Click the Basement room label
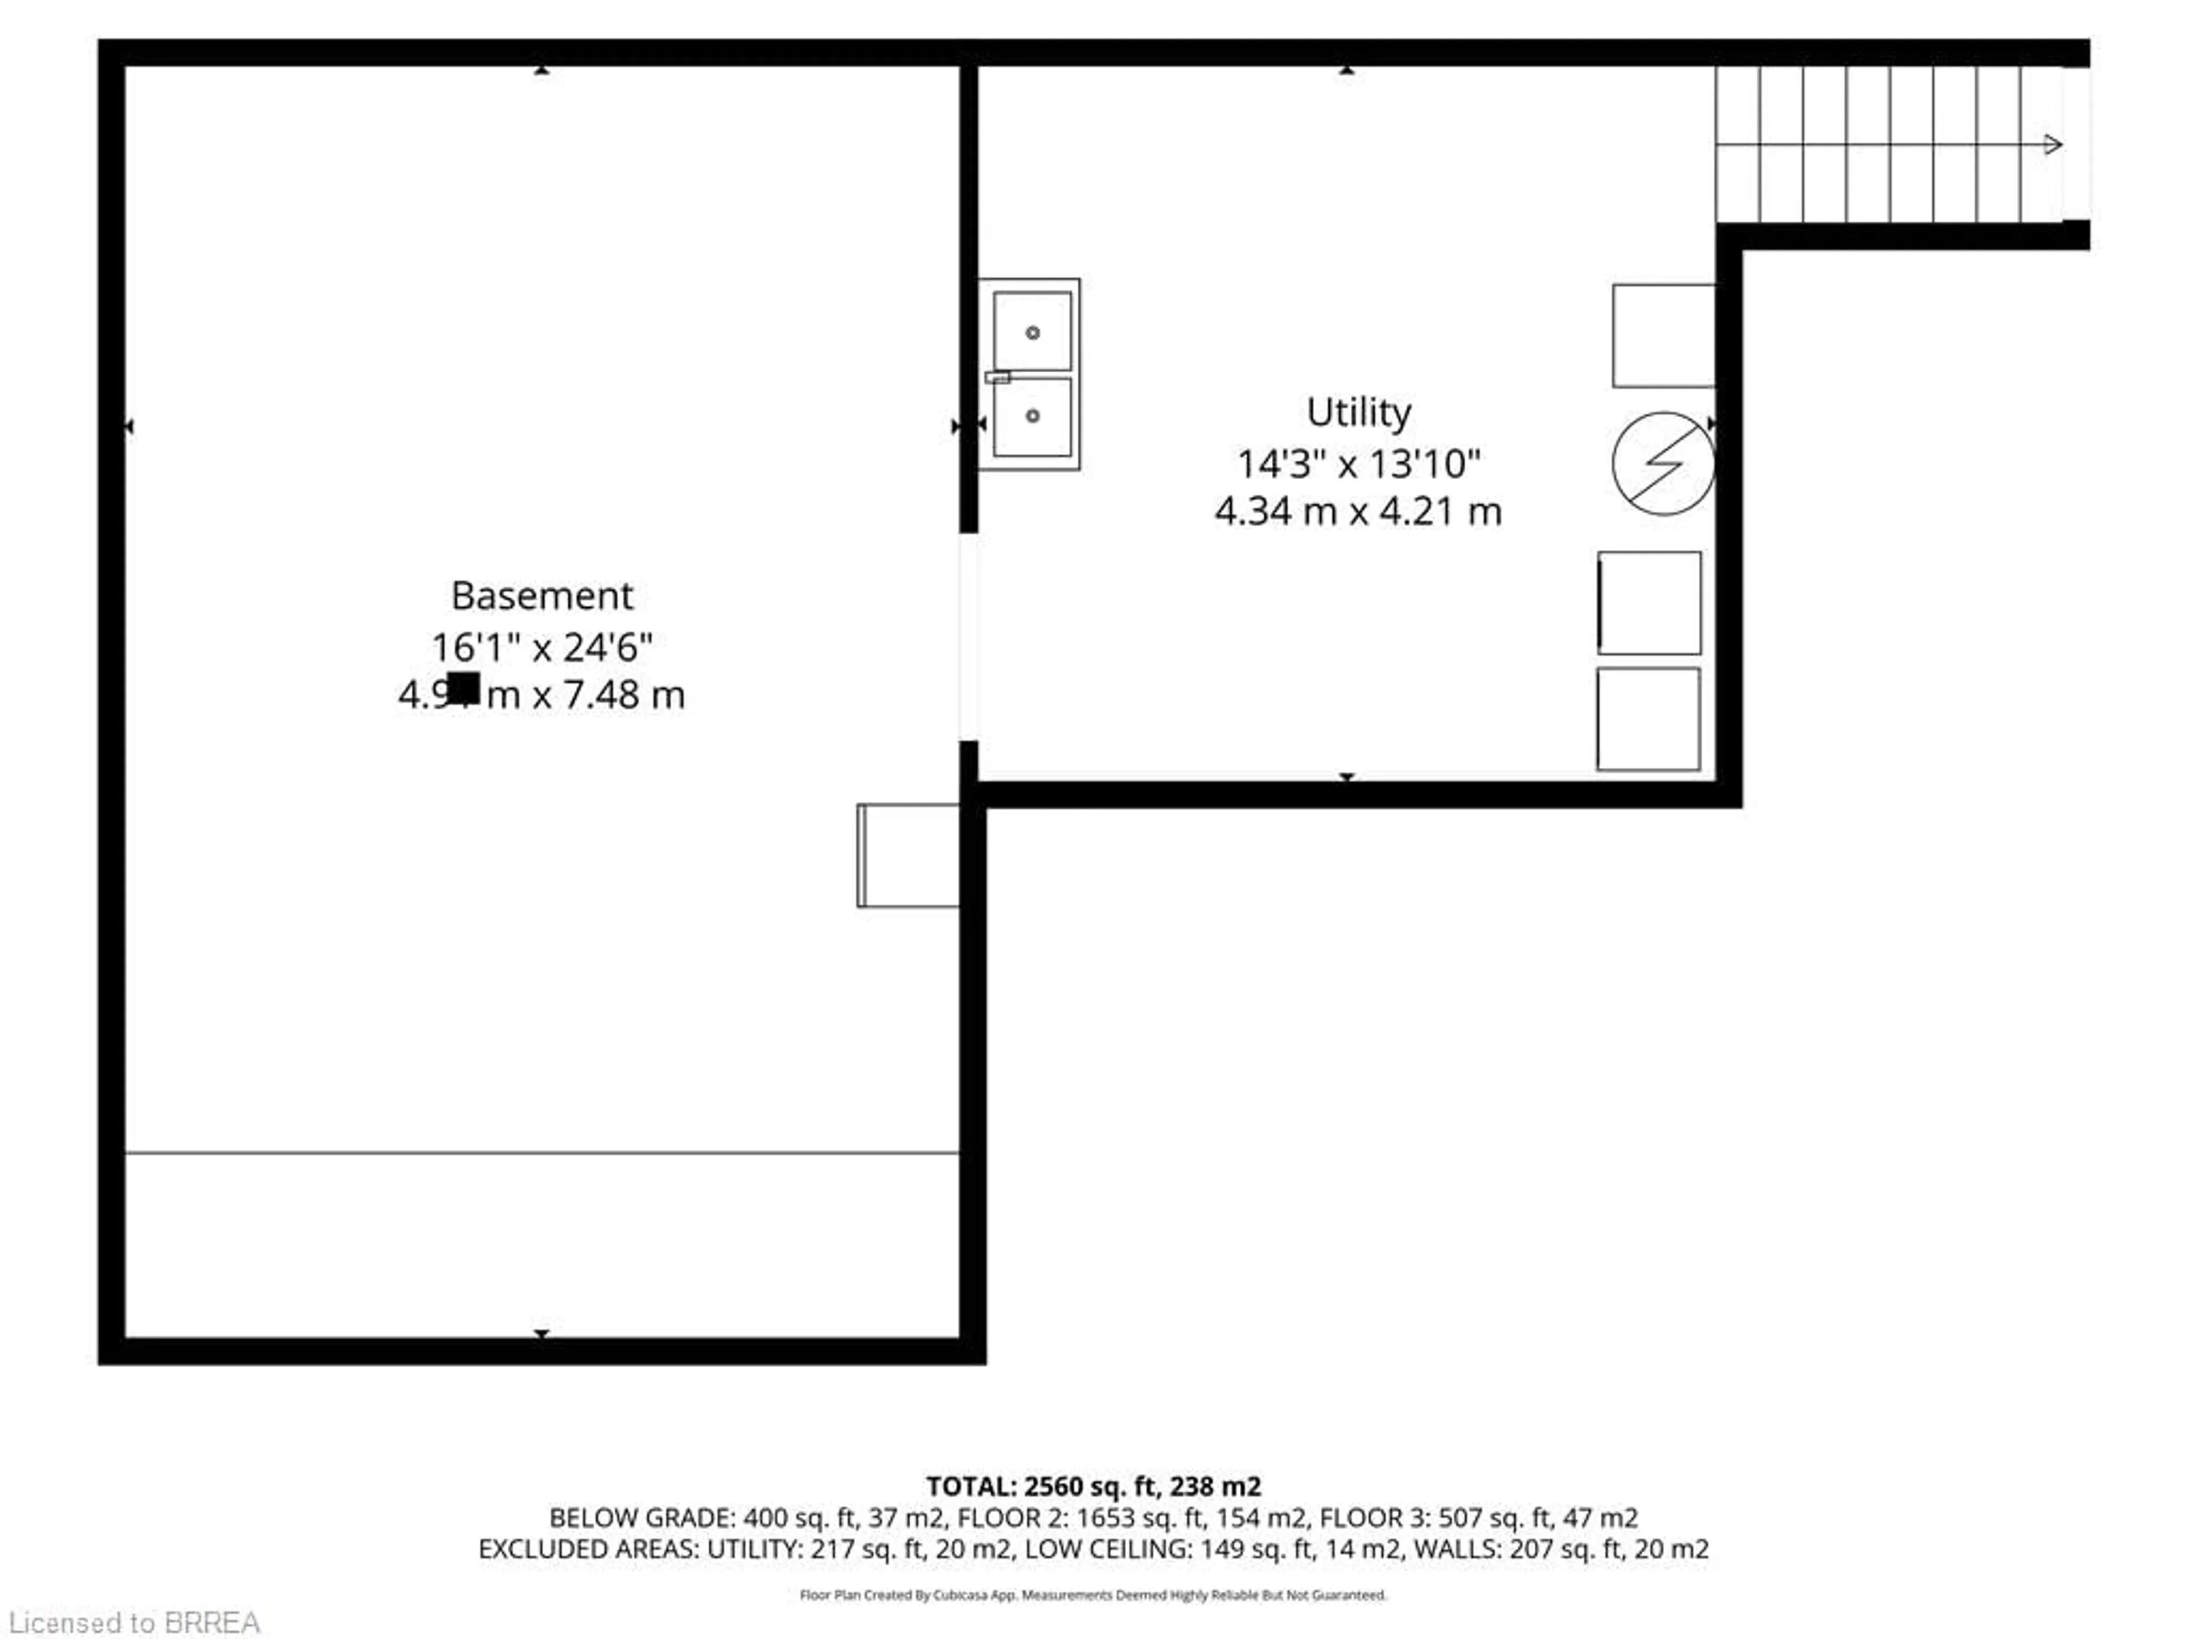tap(541, 596)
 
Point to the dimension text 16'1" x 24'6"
tap(541, 647)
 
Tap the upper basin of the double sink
tap(1032, 331)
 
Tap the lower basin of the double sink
tap(1032, 416)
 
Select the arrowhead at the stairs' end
tap(2053, 145)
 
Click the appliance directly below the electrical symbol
tap(1649, 603)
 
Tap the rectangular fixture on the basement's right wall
tap(907, 855)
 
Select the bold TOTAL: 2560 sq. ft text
tap(1093, 1486)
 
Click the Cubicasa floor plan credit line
tap(1093, 1595)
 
